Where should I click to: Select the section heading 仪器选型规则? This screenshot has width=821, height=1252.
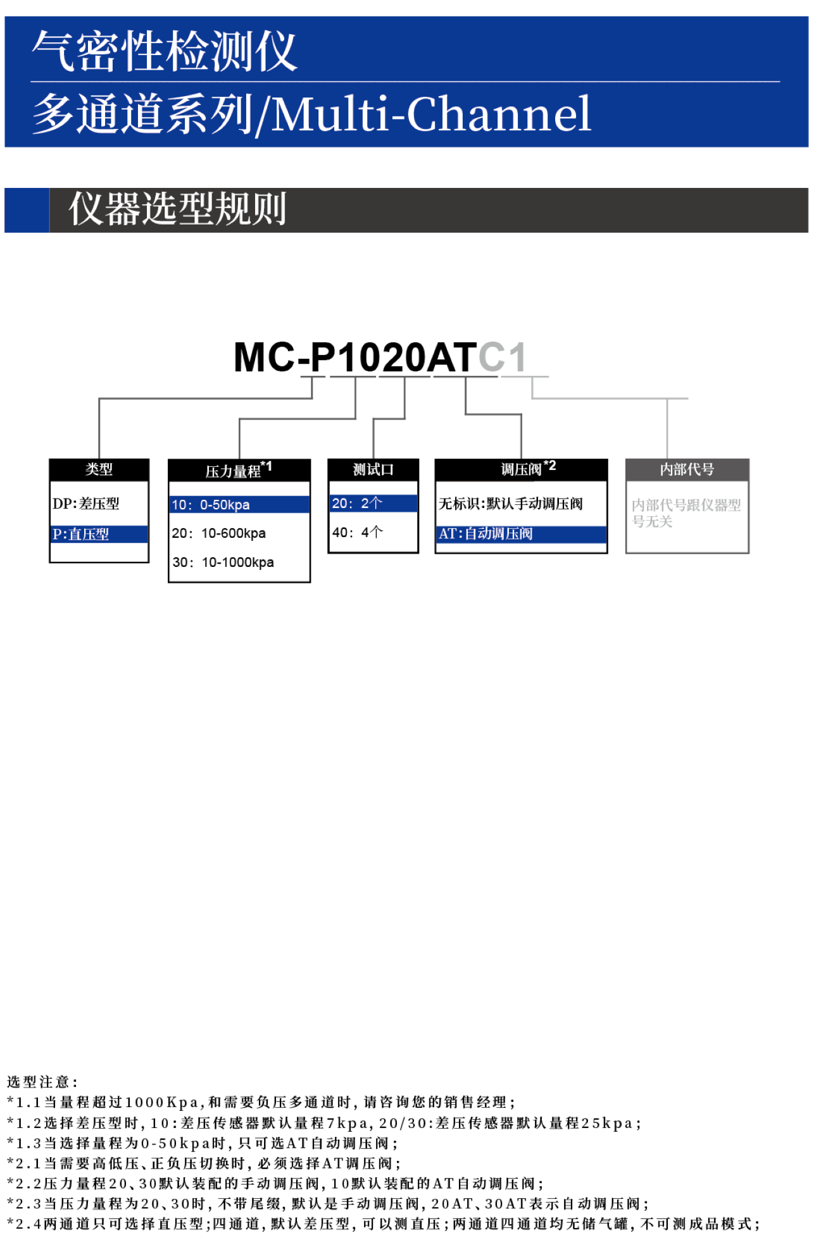(x=178, y=209)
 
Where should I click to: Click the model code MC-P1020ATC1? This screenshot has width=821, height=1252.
(x=380, y=357)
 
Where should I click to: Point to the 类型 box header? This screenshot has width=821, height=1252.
(x=99, y=469)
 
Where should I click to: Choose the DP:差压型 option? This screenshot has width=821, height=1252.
(x=86, y=504)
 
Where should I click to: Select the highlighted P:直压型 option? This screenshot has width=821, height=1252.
(x=81, y=534)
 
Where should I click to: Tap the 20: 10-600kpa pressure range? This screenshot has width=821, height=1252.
(x=219, y=533)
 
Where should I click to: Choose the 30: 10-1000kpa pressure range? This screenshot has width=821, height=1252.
(x=223, y=562)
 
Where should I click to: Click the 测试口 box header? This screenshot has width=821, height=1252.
(x=373, y=469)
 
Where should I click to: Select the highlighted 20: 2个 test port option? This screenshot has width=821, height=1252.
(x=357, y=504)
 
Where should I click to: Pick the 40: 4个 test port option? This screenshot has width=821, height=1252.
(x=357, y=533)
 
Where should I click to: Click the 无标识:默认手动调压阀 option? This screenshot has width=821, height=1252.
(x=510, y=504)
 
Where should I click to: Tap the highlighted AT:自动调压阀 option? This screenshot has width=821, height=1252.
(x=486, y=534)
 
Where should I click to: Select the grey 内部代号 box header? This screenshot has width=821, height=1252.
(x=687, y=469)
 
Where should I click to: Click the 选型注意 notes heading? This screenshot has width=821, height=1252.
(x=42, y=1082)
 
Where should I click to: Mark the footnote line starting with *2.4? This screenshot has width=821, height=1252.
(x=382, y=1224)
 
